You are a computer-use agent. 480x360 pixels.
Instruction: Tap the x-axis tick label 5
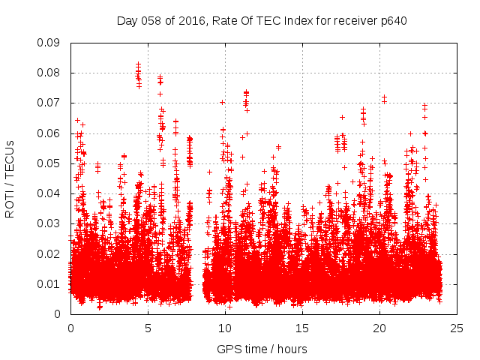148,328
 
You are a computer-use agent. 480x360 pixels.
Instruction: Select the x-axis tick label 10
225,328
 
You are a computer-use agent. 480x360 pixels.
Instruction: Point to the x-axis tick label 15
302,328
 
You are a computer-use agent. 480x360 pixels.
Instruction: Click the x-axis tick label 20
379,328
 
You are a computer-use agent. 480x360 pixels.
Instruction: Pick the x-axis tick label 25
457,328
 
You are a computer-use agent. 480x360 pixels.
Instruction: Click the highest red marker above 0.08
138,64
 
